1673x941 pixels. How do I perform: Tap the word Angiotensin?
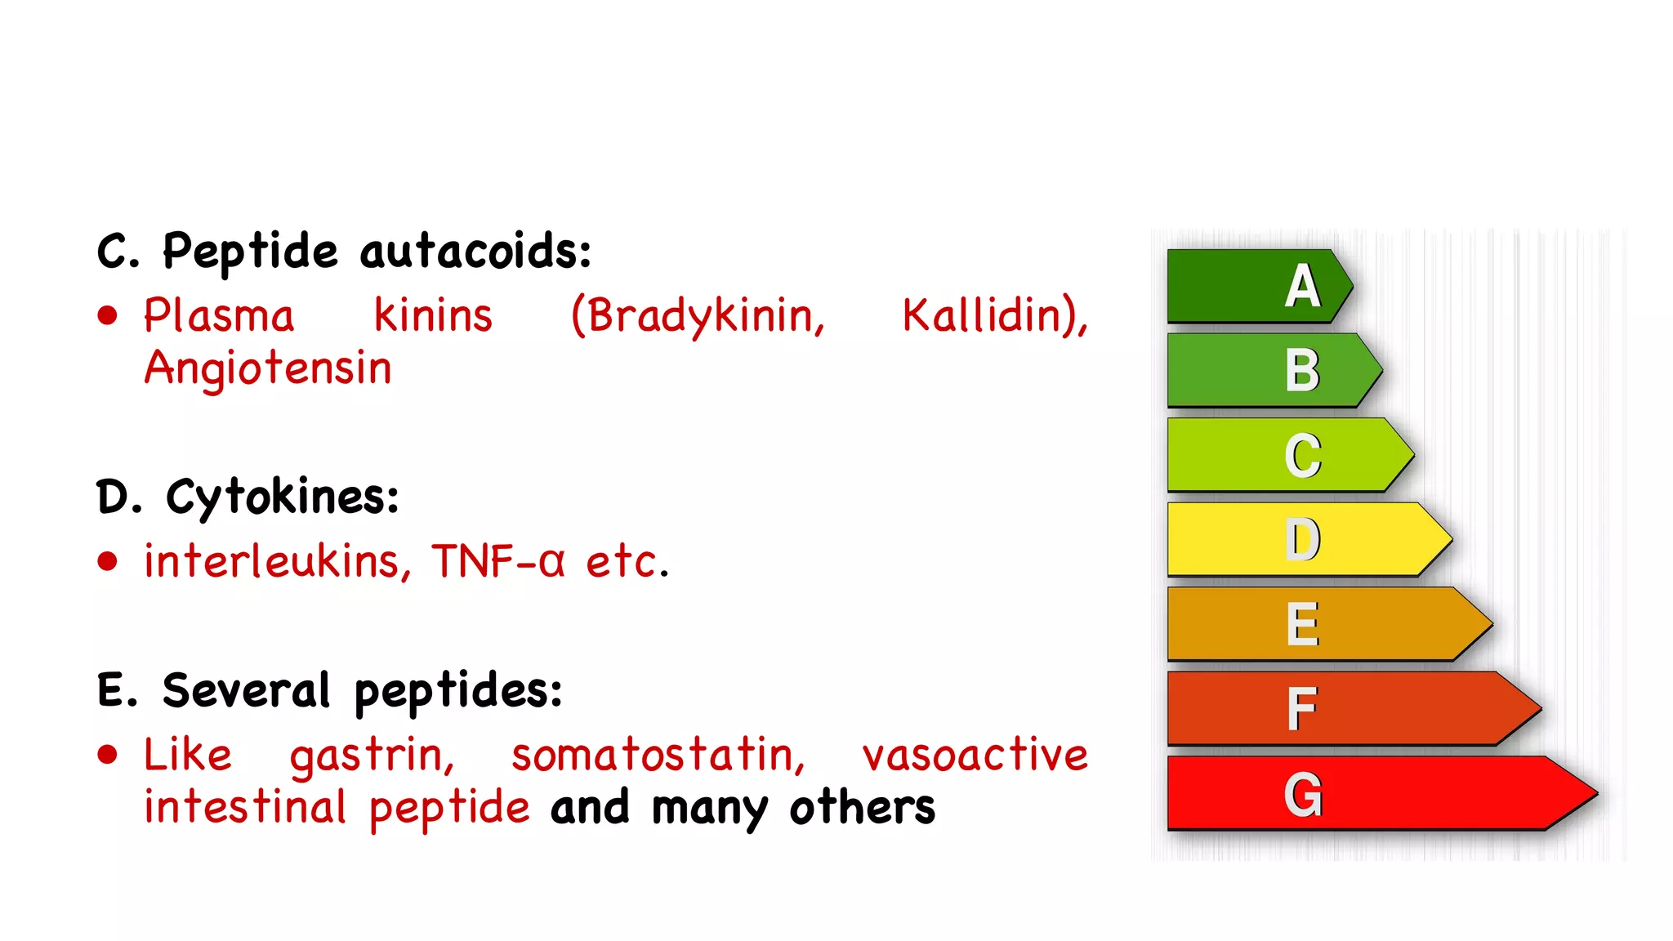268,368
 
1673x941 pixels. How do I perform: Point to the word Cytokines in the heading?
282,497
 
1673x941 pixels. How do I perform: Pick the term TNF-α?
498,561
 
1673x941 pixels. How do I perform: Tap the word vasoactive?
975,756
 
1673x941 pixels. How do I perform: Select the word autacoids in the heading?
475,252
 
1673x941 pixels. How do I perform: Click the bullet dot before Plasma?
108,316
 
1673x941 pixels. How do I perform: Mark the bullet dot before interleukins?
108,561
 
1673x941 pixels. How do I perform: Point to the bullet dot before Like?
108,755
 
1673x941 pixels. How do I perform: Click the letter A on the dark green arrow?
1302,287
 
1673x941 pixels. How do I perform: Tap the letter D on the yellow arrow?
1302,540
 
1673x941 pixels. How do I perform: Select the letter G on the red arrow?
1302,794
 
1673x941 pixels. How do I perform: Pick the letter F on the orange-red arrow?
1302,709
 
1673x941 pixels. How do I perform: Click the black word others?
863,808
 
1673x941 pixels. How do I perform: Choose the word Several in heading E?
246,691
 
